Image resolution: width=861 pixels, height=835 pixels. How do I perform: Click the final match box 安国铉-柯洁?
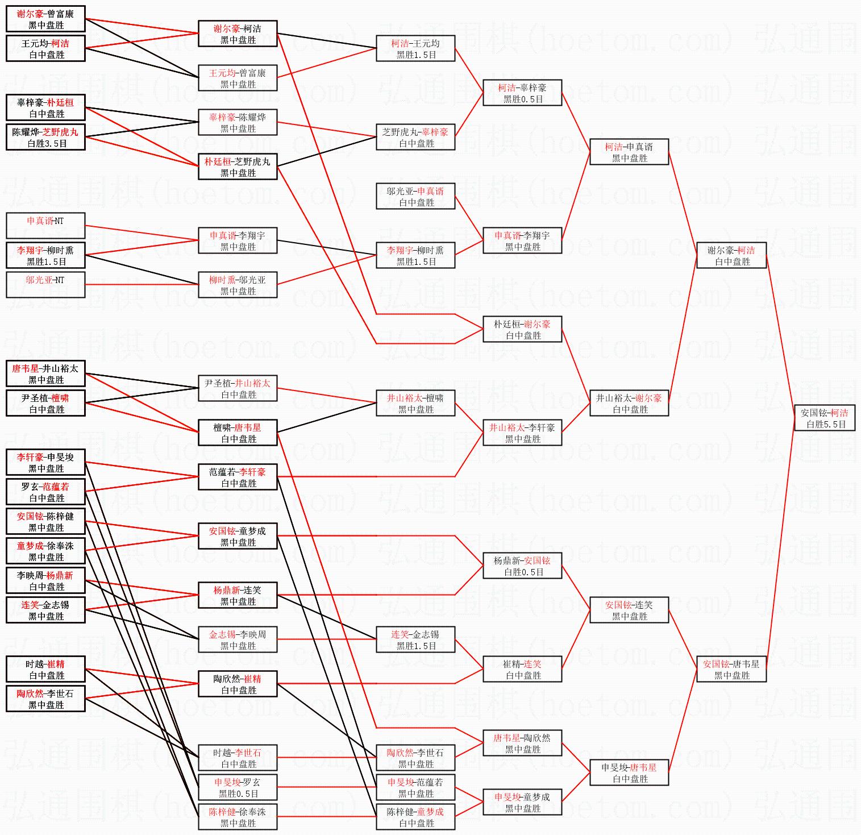(824, 418)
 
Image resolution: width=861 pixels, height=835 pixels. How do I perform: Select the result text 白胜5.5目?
(826, 425)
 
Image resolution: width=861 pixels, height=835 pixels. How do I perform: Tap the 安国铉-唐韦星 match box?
(731, 669)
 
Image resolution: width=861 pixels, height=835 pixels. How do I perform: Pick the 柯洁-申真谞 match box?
(629, 152)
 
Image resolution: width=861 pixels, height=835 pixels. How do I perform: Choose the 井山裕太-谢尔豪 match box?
(629, 403)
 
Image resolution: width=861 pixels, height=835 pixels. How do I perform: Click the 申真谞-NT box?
(45, 226)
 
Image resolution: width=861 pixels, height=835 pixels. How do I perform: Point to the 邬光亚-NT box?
(45, 285)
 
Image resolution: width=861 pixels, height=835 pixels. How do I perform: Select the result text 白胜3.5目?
(47, 144)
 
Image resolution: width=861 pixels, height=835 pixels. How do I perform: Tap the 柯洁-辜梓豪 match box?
(522, 93)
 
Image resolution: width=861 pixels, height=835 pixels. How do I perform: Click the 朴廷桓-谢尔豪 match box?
(522, 329)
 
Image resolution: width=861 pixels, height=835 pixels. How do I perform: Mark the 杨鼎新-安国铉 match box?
(522, 566)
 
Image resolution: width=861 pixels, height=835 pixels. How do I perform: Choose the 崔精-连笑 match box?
(522, 669)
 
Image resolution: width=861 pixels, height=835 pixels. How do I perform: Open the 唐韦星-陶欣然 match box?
(522, 743)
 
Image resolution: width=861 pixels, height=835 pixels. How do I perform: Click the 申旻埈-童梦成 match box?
(522, 802)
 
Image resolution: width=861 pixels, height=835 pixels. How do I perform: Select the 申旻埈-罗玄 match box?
(238, 787)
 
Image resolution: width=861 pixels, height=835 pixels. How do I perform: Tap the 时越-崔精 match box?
(45, 669)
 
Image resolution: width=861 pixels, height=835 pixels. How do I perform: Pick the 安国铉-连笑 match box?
(629, 610)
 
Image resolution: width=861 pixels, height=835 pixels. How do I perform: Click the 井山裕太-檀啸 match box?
(415, 403)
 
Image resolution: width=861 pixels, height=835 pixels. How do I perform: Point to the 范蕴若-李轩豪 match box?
(238, 477)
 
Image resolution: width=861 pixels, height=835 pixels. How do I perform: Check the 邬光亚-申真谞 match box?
(415, 196)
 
